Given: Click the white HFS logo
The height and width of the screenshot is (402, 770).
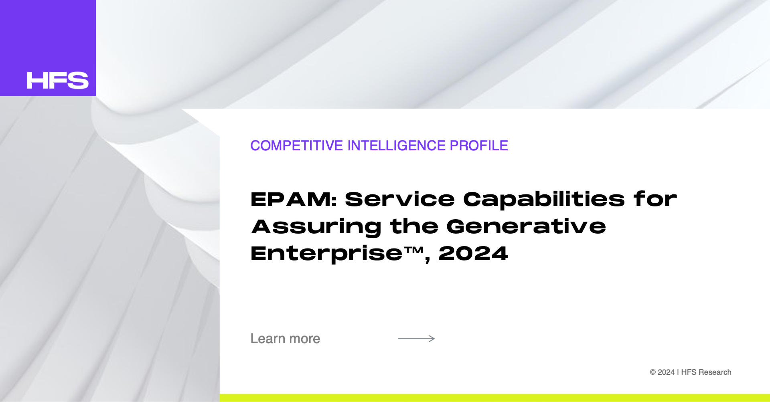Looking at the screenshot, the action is (x=58, y=81).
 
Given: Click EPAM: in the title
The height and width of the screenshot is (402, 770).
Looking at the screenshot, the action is (x=294, y=199).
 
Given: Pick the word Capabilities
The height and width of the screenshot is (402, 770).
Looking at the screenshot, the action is (x=544, y=199).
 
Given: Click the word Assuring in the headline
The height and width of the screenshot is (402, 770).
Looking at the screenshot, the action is (x=316, y=227).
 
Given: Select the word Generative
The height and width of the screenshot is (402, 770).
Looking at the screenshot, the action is (x=526, y=226).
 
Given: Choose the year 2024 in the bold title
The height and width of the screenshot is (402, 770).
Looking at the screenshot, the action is (x=473, y=254).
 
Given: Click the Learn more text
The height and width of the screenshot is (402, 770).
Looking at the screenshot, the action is (x=285, y=339).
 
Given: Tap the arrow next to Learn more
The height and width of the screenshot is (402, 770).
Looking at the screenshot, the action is (x=416, y=339).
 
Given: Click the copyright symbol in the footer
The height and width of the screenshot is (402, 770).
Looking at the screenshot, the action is (x=653, y=372).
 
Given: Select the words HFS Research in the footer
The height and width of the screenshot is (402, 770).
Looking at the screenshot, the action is (x=706, y=372).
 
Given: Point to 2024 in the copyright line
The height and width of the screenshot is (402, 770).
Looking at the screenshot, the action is (x=666, y=372).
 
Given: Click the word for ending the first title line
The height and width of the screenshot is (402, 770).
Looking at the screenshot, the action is (x=655, y=199).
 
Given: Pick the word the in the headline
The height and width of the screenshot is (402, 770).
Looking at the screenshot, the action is (x=414, y=226).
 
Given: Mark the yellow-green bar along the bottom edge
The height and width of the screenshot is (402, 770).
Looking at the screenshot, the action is (x=495, y=398).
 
